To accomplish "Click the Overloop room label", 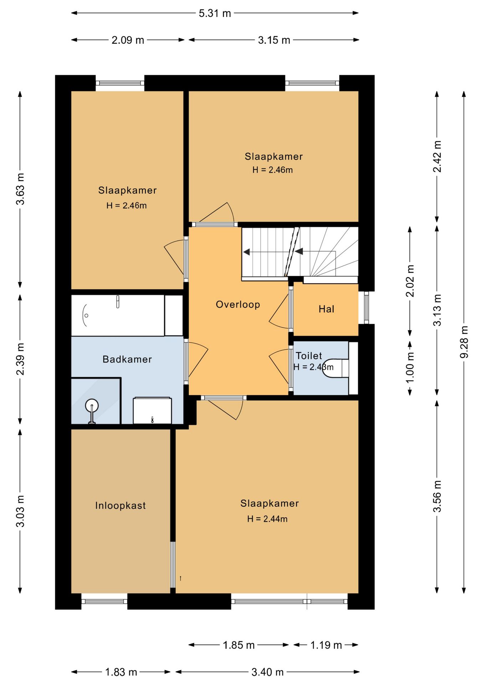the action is coord(238,305).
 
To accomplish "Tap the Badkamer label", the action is coord(127,359).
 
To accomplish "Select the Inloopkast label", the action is coord(120,506).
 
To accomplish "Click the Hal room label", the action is coord(326,309).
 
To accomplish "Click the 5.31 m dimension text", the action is coord(215,13).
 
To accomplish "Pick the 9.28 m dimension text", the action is coord(464,342).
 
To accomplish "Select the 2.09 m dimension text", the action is coord(128,40).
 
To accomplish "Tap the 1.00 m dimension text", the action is coord(410,367).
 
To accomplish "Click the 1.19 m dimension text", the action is coord(326,645).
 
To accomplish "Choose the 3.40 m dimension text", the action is coord(267,672).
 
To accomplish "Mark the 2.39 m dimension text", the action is coord(20,359).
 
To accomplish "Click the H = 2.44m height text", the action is coord(267,519).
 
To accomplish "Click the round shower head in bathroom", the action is coord(92,406).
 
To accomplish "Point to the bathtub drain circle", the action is coord(86,316).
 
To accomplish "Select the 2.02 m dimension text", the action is coord(410,281).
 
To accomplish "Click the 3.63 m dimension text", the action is coord(20,189).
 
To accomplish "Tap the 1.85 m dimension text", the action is coord(239,645).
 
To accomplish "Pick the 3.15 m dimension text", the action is coord(274,40).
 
